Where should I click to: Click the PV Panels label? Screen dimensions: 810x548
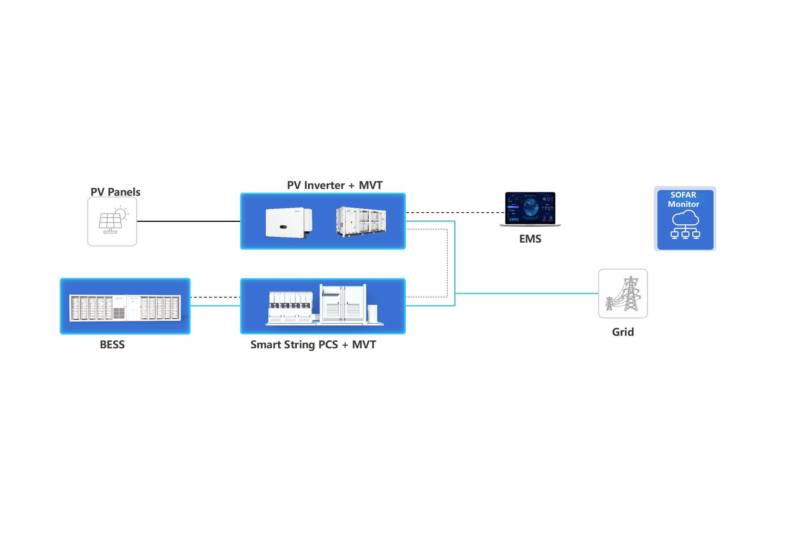tap(115, 192)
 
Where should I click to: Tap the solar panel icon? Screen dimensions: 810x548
tap(112, 221)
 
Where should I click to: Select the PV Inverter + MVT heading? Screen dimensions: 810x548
tap(334, 185)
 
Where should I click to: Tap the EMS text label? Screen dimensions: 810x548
tap(530, 239)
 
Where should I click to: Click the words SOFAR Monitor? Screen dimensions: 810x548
tap(684, 199)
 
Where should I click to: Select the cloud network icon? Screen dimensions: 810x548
tap(685, 224)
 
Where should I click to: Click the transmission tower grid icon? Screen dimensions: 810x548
tap(623, 294)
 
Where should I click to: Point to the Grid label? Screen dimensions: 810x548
tap(623, 332)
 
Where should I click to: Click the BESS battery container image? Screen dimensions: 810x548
tap(125, 308)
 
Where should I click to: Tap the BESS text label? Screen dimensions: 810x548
tap(112, 345)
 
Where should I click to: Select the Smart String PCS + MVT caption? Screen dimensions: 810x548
tap(313, 345)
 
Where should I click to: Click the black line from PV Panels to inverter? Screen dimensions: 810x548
tap(189, 221)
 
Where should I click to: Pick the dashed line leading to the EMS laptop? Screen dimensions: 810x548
tap(456, 213)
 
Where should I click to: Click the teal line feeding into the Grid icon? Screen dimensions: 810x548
tap(527, 294)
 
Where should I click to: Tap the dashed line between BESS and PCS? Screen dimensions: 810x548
tap(215, 297)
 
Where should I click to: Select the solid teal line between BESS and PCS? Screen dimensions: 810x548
tap(215, 306)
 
